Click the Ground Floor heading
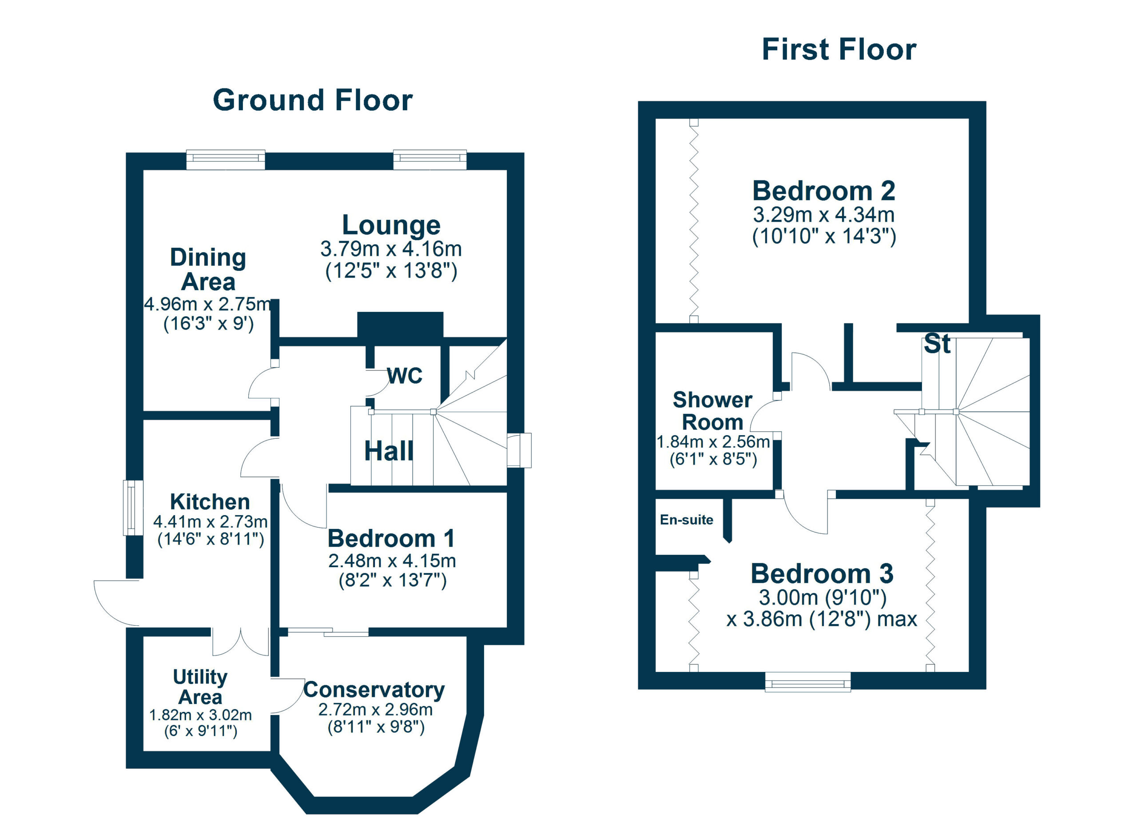(312, 100)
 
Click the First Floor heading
(839, 50)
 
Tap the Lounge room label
(391, 225)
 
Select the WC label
(405, 375)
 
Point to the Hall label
(389, 451)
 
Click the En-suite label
(686, 520)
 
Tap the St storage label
(937, 344)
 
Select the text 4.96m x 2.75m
(207, 304)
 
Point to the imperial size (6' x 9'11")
(200, 731)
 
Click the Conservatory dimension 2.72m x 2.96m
(375, 709)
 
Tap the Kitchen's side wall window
(133, 508)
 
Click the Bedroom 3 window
(807, 682)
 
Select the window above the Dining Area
(226, 159)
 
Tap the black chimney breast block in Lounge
(400, 324)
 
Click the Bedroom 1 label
(391, 539)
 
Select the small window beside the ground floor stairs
(519, 450)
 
